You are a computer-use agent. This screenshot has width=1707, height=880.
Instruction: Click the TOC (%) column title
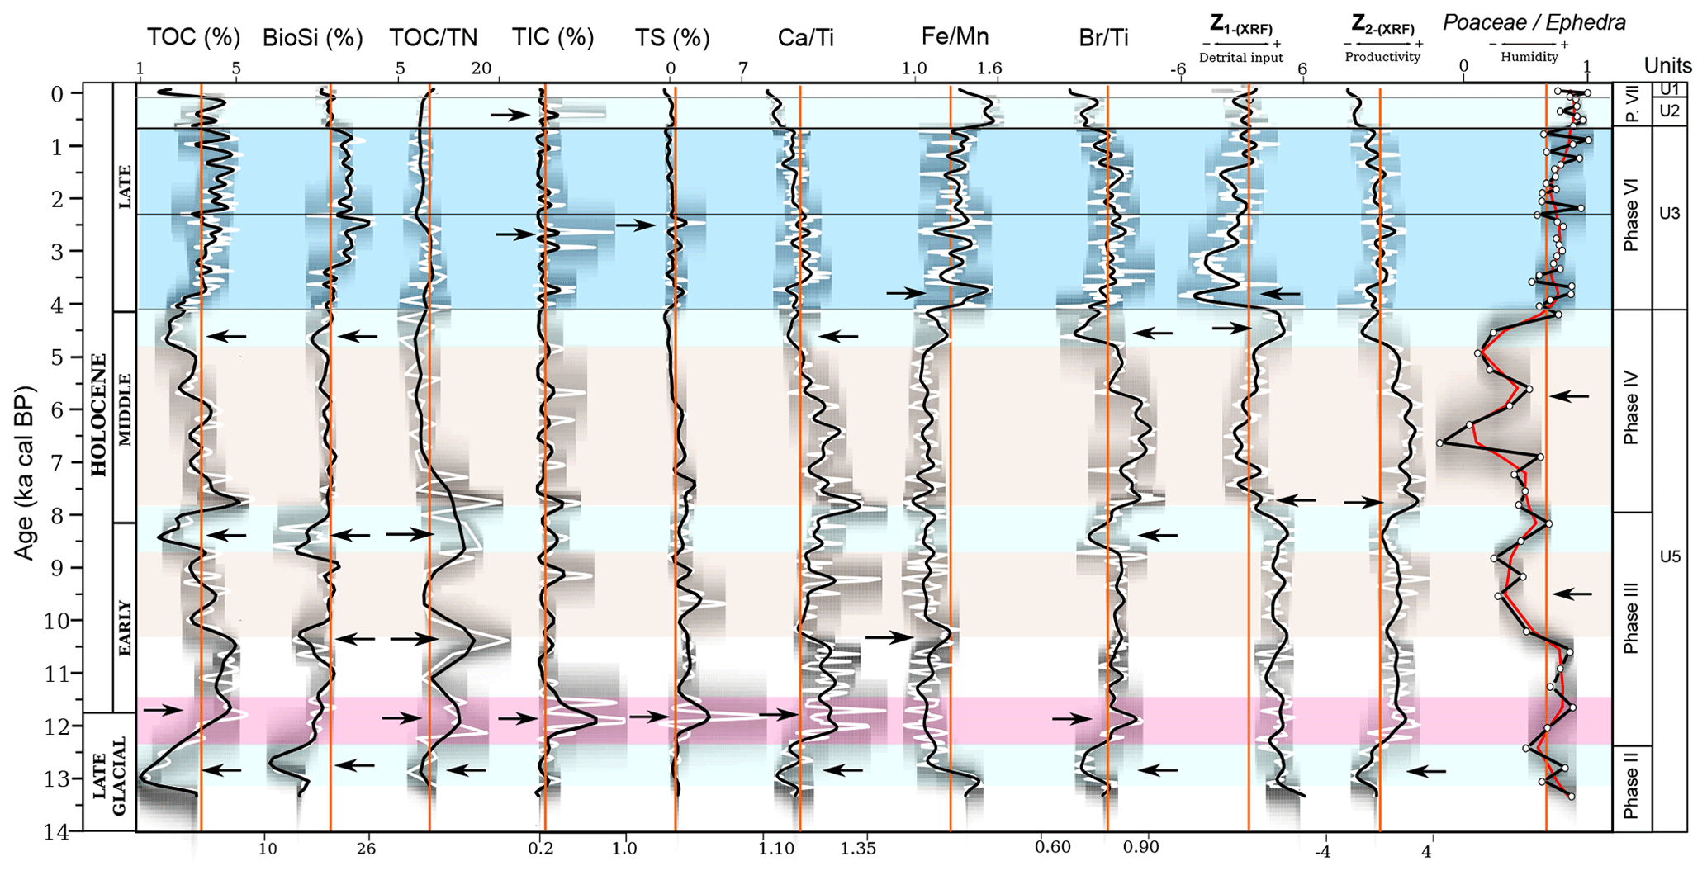193,37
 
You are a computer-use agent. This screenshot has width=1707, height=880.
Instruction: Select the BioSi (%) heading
312,38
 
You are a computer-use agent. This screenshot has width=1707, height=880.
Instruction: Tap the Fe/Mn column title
955,36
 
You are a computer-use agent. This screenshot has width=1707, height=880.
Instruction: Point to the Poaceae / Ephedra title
1534,22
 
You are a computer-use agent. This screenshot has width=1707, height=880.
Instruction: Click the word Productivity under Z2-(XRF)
1382,57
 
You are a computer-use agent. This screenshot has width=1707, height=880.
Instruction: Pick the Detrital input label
1240,58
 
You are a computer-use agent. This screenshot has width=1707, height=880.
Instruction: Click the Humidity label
1529,57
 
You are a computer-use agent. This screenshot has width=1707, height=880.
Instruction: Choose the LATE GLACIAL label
109,773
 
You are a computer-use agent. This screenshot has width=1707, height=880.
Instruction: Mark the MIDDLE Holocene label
125,409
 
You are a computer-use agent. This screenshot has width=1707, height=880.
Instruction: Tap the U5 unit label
1670,556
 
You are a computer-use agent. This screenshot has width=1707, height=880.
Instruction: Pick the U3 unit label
1670,213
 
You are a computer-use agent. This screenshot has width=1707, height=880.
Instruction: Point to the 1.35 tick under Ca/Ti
859,848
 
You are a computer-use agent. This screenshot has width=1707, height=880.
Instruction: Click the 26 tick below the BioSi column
366,848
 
